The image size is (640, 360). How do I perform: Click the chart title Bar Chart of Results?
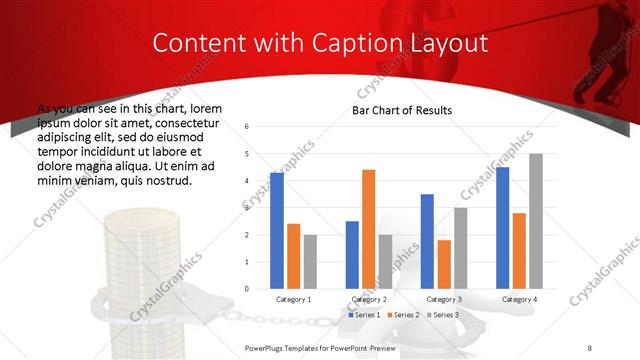pyautogui.click(x=401, y=110)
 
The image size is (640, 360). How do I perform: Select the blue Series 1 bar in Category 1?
pyautogui.click(x=277, y=231)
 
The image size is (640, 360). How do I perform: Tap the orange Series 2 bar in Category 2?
pyautogui.click(x=368, y=229)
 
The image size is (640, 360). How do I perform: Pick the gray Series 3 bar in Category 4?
pyautogui.click(x=536, y=221)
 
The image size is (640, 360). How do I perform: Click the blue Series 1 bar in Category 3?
pyautogui.click(x=427, y=241)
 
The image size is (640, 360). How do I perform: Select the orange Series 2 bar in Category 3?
pyautogui.click(x=444, y=264)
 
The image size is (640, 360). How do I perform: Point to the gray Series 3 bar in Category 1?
pyautogui.click(x=310, y=262)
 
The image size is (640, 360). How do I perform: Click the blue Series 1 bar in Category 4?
pyautogui.click(x=502, y=228)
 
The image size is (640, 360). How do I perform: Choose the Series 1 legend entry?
pyautogui.click(x=365, y=315)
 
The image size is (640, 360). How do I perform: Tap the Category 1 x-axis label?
pyautogui.click(x=293, y=299)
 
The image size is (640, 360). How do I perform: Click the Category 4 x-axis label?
pyautogui.click(x=519, y=299)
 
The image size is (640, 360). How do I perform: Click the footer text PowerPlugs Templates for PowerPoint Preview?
pyautogui.click(x=320, y=347)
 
